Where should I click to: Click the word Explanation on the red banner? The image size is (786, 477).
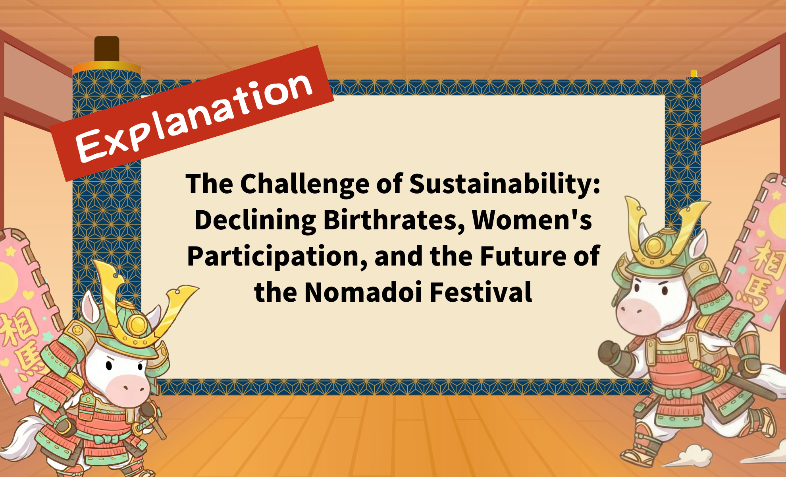pyautogui.click(x=194, y=118)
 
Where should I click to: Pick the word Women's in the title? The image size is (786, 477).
pyautogui.click(x=532, y=220)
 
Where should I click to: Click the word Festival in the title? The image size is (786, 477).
pyautogui.click(x=481, y=292)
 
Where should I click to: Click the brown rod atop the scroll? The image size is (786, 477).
pyautogui.click(x=107, y=48)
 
